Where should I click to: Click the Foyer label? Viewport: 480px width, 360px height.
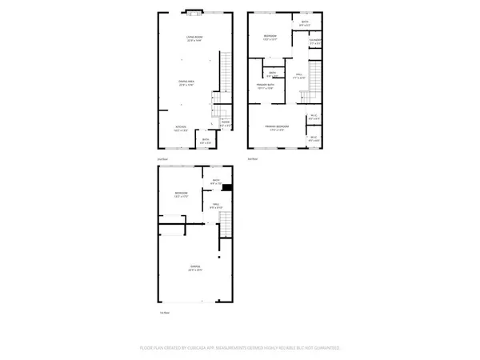coord(226,124)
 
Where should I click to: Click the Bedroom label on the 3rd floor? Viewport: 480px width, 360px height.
coord(273,37)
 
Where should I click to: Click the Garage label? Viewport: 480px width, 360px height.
coord(194,266)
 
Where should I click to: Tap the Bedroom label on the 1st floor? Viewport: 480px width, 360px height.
coord(181,194)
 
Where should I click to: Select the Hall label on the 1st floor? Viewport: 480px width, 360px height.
coord(215,207)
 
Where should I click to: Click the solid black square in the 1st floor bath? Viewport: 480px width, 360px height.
coord(227,188)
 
